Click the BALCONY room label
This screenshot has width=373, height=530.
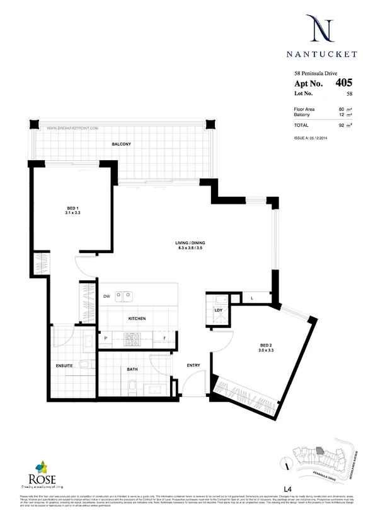121,144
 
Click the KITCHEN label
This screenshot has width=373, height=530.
137,319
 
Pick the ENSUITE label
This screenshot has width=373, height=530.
64,365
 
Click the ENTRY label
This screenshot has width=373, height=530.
193,365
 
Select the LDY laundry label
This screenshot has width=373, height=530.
219,310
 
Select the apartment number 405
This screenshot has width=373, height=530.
344,82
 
